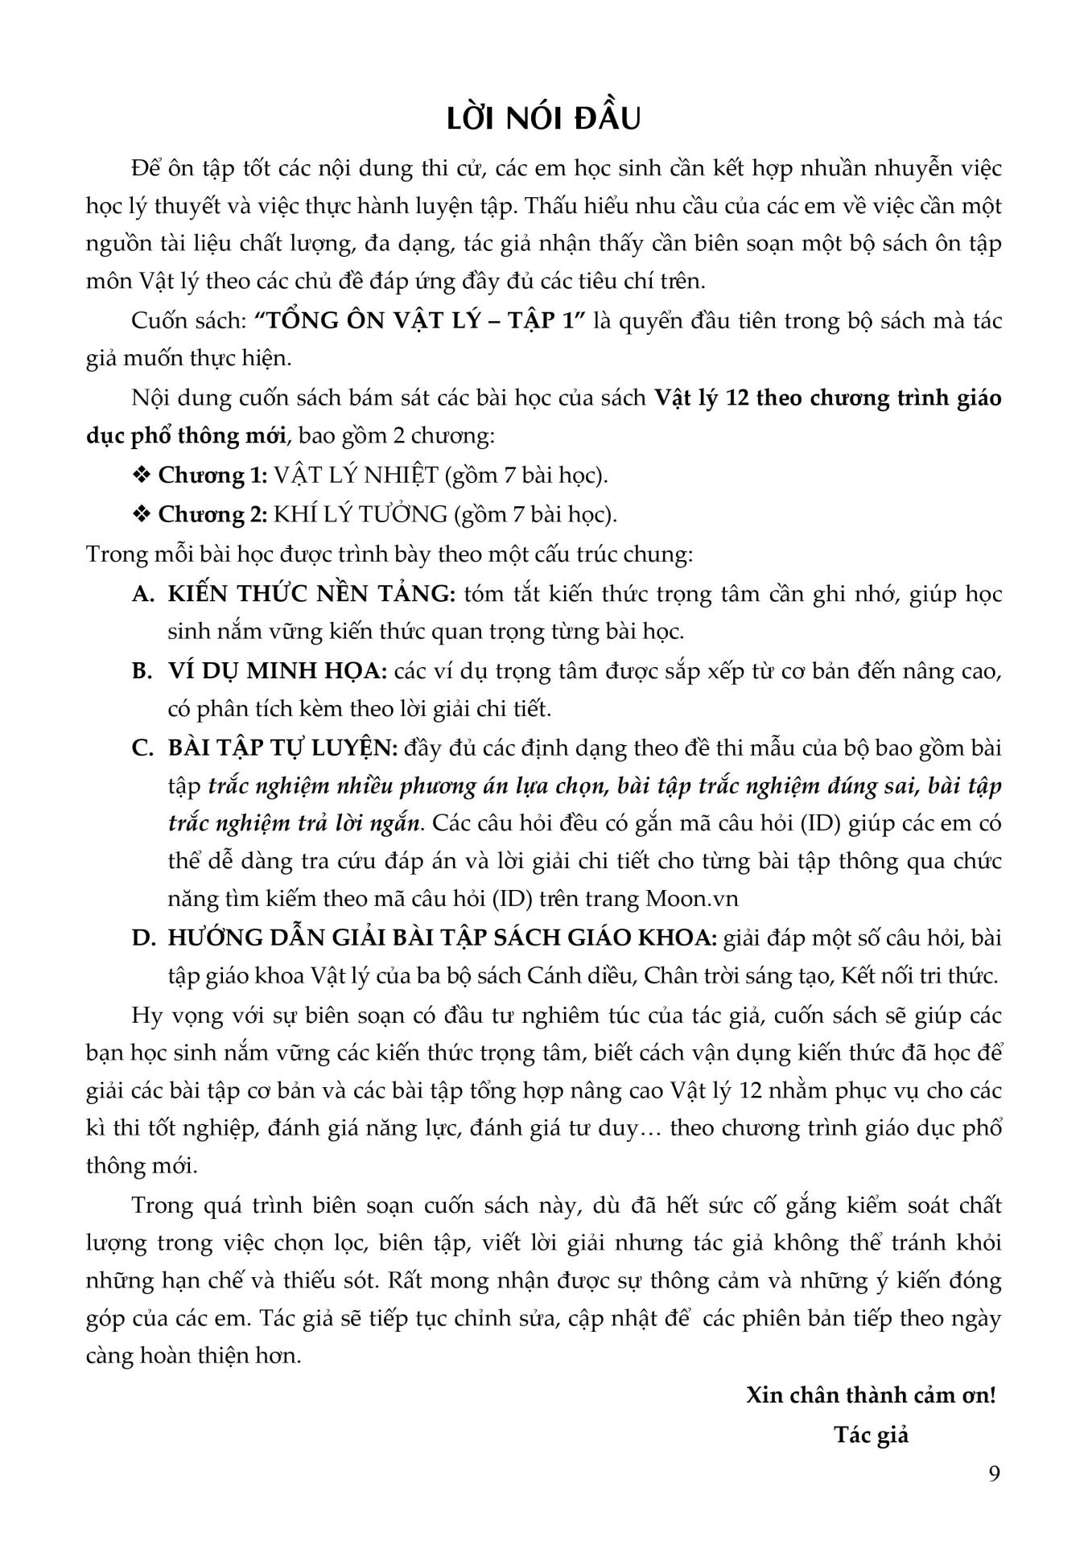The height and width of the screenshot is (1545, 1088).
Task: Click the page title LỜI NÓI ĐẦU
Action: [x=544, y=118]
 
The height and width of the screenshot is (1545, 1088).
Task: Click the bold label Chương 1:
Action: [x=212, y=475]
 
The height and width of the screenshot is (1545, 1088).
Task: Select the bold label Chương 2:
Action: [x=212, y=513]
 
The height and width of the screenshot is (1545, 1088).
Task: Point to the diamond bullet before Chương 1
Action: [x=142, y=475]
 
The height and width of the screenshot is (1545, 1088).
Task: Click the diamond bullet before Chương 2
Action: [x=142, y=513]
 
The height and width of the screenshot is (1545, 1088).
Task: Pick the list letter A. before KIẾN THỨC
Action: [x=142, y=594]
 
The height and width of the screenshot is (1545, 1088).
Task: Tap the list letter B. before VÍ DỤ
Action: [x=142, y=670]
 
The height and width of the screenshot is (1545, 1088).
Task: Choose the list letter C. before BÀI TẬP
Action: [x=142, y=748]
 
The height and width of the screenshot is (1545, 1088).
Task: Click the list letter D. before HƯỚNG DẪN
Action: [x=142, y=937]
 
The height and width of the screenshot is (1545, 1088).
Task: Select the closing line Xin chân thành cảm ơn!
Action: [x=871, y=1395]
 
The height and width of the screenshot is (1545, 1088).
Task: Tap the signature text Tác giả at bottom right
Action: [x=871, y=1435]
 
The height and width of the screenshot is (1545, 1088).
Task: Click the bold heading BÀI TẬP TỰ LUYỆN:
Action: [x=283, y=748]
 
